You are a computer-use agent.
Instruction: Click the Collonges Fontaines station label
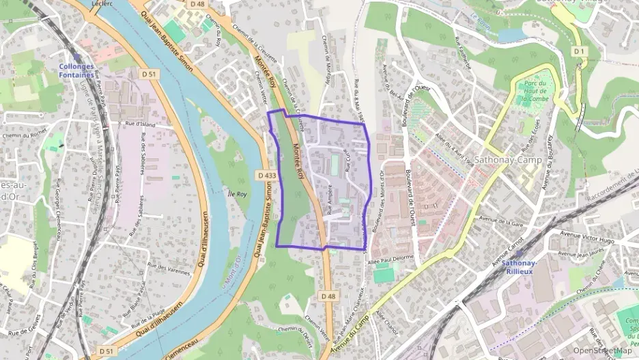pos(75,70)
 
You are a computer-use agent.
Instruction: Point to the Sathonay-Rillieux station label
pos(519,266)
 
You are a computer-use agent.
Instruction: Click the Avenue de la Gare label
pos(501,220)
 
